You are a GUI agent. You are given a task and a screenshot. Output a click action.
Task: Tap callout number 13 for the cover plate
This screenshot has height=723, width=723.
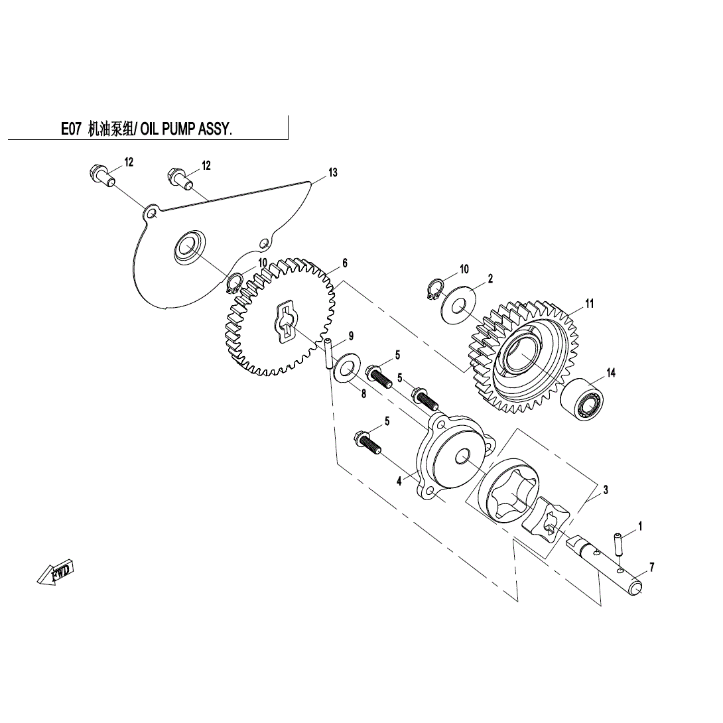click(x=333, y=172)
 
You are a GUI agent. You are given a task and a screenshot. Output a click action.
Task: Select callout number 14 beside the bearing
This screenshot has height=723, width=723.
click(x=611, y=373)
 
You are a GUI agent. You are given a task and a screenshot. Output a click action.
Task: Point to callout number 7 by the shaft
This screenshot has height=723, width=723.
click(x=652, y=567)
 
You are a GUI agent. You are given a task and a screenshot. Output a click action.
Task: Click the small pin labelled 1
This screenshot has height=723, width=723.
click(x=620, y=545)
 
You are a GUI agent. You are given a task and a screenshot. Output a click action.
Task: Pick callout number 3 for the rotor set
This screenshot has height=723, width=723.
click(x=606, y=490)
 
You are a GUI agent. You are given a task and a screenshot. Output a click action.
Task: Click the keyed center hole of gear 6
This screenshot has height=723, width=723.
click(x=285, y=323)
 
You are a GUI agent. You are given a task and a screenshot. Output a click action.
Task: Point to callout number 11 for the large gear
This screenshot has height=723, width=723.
click(x=589, y=304)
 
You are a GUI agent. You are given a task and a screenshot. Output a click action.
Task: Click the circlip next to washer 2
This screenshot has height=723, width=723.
click(x=432, y=290)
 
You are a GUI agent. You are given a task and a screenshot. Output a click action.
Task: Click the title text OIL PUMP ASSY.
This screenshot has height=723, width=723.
click(x=186, y=129)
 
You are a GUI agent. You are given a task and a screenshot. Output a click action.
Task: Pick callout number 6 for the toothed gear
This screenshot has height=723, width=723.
click(x=345, y=263)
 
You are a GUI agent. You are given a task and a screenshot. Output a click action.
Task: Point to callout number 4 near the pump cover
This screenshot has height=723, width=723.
click(x=399, y=481)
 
